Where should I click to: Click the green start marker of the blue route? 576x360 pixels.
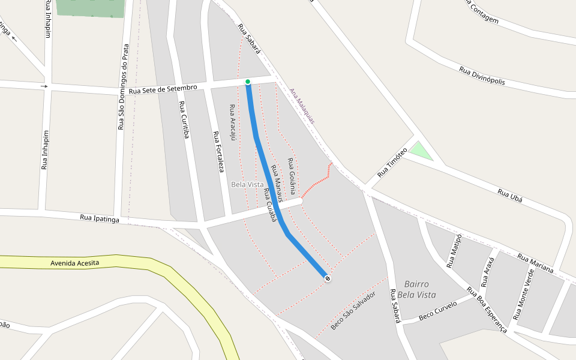[x=247, y=82]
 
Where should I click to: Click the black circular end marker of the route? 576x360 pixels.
[x=328, y=277]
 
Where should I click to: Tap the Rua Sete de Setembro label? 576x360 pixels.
[x=163, y=89]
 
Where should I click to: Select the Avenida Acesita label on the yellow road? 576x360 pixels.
[x=75, y=263]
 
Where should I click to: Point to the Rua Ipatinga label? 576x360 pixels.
[x=100, y=217]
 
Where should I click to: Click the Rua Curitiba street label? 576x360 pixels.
[x=184, y=120]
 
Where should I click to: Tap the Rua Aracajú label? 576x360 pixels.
[x=233, y=122]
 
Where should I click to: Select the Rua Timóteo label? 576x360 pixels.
[x=392, y=162]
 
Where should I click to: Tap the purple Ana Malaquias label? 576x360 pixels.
[x=302, y=106]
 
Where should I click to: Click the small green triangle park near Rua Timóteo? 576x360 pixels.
[x=421, y=152]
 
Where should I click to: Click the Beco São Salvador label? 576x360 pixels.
[x=353, y=310]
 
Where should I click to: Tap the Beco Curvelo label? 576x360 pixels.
[x=438, y=309]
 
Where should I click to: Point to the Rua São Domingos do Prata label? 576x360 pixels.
[x=123, y=86]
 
